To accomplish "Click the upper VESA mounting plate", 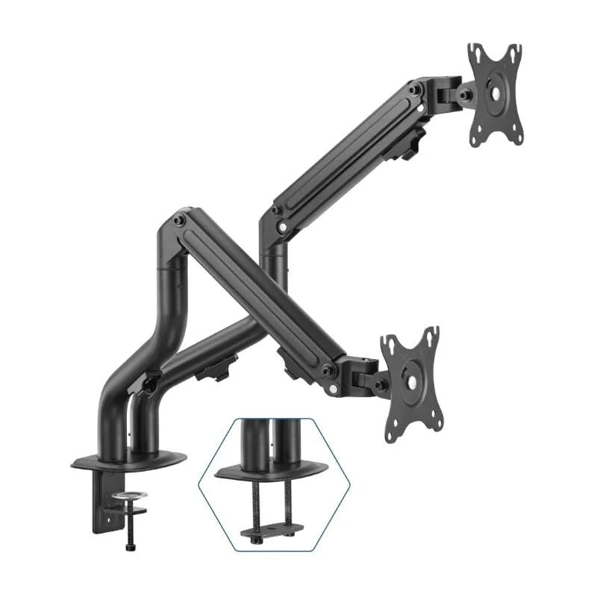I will [494, 94].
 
